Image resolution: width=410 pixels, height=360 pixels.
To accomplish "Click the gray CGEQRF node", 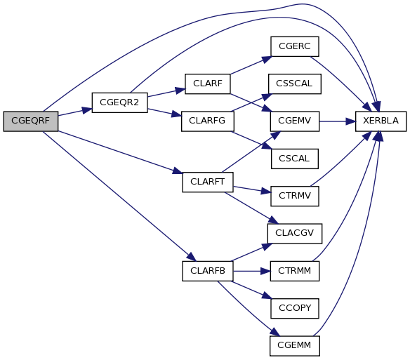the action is pos(31,121).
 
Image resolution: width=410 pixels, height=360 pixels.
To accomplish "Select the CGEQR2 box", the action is pos(120,102).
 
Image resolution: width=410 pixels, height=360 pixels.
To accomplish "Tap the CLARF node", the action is pos(208,84).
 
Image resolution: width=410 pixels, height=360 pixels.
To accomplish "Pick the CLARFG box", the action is pos(208,121).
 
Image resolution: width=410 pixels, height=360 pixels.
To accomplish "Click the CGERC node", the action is pos(295,46).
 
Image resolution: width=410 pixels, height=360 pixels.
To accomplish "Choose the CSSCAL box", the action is pos(294,84).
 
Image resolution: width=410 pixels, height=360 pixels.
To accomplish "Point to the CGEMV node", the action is pos(295,121).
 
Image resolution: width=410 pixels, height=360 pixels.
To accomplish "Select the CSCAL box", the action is pos(295,159).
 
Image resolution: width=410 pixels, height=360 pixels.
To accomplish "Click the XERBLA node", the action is pos(381,121).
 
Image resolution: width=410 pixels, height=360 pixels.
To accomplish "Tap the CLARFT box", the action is pos(208,182).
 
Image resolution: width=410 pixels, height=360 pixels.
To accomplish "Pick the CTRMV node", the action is pos(295,196).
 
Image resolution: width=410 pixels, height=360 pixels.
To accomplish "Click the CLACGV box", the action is pos(295,234).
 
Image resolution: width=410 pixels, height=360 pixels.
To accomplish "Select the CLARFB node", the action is pos(208,271).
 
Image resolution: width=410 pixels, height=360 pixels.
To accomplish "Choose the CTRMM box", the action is pos(295,271).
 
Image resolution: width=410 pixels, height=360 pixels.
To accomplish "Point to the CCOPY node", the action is pos(295,309).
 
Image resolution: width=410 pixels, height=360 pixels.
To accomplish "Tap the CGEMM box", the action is pos(295,346).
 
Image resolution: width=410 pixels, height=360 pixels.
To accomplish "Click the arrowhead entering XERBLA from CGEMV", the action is pos(350,121).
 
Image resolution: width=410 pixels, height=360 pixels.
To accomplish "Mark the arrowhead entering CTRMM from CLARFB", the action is pos(265,271).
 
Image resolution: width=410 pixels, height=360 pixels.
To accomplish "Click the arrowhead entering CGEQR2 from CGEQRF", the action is pos(87,110).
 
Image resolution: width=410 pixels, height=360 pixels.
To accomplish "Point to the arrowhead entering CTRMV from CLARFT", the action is pos(265,192).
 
